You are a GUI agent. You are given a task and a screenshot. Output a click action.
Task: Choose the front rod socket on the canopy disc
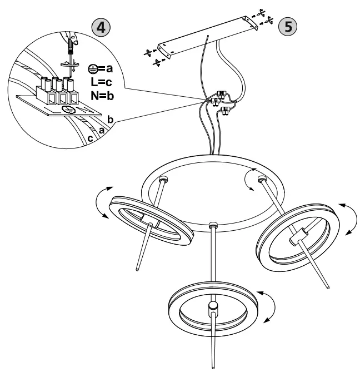point(212,226)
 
